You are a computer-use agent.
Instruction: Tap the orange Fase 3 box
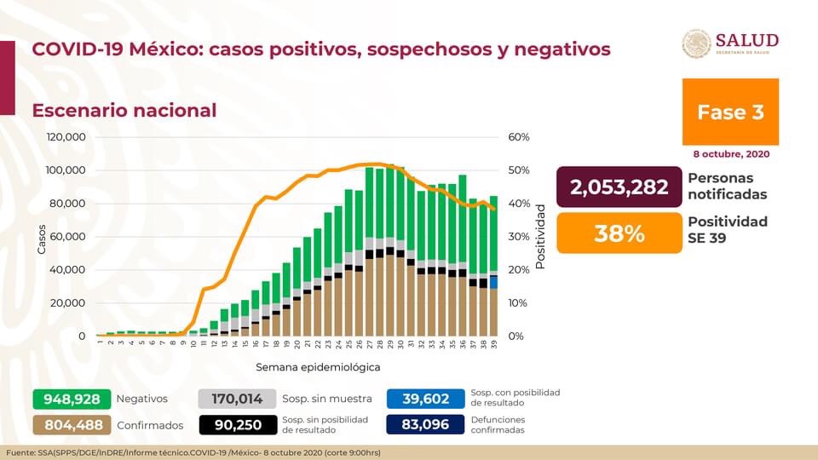[730, 112]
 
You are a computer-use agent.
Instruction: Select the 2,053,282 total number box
[619, 187]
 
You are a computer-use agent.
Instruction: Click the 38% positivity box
[619, 233]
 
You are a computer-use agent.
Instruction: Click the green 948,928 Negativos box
[72, 399]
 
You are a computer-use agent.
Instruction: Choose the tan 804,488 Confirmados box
[72, 424]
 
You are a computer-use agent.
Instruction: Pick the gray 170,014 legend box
[237, 399]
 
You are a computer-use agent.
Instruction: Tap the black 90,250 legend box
[237, 424]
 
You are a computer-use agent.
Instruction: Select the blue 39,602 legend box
[424, 399]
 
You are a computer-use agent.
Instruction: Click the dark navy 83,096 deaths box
[424, 424]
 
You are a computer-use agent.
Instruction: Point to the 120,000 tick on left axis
[65, 137]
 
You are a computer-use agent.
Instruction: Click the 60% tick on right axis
[519, 137]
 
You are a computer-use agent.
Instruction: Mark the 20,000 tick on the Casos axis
[68, 303]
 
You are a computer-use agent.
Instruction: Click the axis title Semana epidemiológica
[317, 367]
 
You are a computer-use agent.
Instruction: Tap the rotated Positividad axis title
[539, 236]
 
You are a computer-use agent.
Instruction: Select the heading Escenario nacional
[124, 111]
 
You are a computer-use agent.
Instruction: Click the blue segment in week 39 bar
[493, 282]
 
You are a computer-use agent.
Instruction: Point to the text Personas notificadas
[727, 187]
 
